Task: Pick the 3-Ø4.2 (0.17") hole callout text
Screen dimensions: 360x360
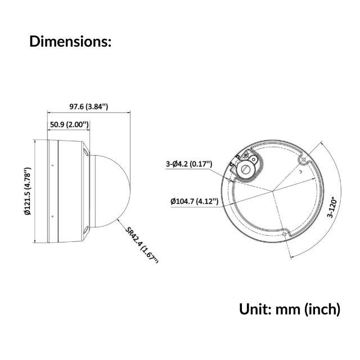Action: (x=189, y=164)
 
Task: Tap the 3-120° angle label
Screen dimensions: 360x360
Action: (x=332, y=207)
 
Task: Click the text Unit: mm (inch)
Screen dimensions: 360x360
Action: (x=290, y=309)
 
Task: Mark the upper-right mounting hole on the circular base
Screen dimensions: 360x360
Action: (x=304, y=160)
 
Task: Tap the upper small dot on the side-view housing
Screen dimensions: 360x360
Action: (x=52, y=166)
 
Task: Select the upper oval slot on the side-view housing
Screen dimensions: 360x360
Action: (x=84, y=152)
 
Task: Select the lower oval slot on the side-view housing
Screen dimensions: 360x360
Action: (x=84, y=229)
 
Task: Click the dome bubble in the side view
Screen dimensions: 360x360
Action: (x=112, y=191)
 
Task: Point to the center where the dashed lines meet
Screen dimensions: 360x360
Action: (x=274, y=191)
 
